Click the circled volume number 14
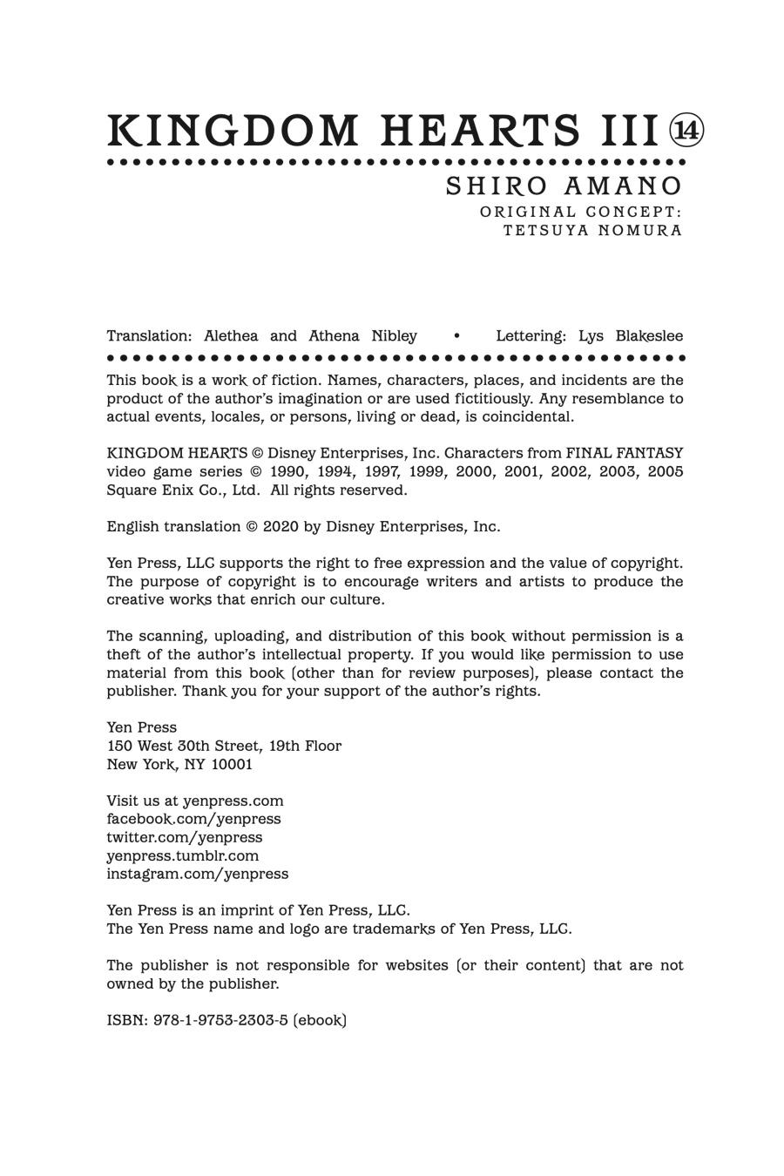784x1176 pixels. click(686, 131)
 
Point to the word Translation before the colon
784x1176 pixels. click(148, 336)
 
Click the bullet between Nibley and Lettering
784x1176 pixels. click(456, 336)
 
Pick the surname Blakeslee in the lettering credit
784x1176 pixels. click(649, 336)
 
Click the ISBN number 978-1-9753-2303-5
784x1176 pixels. click(220, 1020)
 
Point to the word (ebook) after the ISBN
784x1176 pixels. click(320, 1020)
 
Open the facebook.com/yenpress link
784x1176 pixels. click(193, 819)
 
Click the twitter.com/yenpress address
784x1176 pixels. click(184, 837)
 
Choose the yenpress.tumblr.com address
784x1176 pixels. click(182, 855)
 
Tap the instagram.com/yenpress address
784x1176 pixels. click(197, 874)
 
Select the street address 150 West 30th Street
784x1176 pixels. click(185, 747)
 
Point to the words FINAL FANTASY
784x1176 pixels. click(624, 454)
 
